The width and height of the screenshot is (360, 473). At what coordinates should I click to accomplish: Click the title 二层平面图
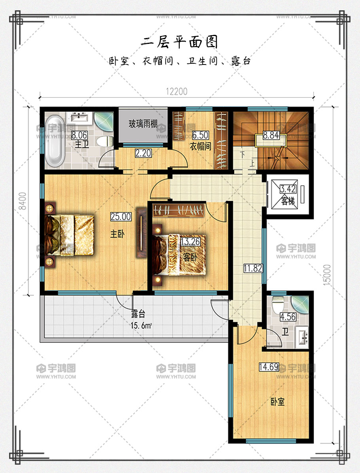point(179,42)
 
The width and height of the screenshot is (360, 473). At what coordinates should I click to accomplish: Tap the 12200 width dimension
point(176,91)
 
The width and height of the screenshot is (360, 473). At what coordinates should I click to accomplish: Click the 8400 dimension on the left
point(22,201)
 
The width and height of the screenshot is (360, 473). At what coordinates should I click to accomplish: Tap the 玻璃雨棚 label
point(143,123)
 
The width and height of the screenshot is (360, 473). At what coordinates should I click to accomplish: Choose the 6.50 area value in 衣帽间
point(201,135)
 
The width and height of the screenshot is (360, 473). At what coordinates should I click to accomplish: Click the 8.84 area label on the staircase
point(271,135)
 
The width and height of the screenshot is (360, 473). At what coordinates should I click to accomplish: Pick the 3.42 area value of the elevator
point(288,189)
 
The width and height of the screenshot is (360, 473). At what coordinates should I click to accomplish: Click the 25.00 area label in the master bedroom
point(121,216)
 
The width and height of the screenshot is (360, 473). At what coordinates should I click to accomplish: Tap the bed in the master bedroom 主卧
point(69,235)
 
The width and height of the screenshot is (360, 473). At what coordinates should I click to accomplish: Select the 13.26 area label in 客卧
point(190,241)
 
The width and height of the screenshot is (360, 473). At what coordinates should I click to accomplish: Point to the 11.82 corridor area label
point(253,268)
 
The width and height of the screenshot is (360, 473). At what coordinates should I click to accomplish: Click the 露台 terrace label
point(138,314)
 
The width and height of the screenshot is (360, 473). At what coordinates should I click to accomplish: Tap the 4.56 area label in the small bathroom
point(288,317)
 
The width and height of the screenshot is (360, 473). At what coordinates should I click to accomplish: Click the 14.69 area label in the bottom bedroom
point(269,367)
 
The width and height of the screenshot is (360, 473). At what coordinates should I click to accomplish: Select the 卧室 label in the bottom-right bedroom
point(277,402)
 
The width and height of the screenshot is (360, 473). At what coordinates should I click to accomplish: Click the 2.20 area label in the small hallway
point(143,153)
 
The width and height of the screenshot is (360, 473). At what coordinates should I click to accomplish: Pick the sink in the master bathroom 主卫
point(79,118)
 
